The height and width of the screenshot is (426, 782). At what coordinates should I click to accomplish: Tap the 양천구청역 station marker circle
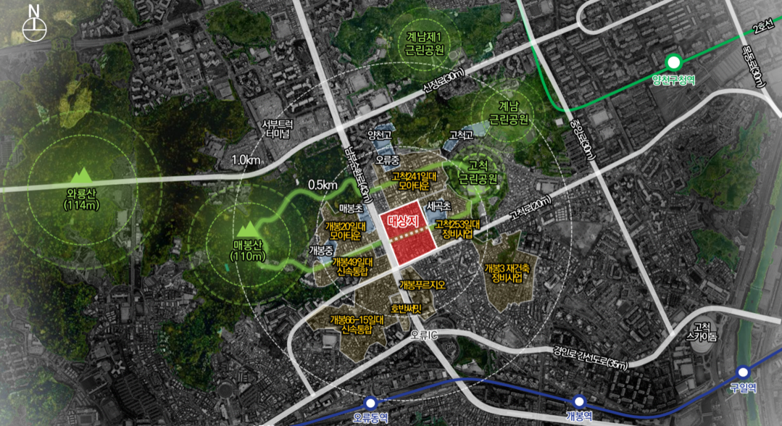673,62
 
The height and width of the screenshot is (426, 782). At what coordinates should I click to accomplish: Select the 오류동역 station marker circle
370,402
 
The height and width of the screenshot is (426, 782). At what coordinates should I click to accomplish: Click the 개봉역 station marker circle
578,401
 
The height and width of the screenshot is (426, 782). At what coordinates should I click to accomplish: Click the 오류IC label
424,334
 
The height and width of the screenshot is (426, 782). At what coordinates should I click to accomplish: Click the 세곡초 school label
440,205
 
